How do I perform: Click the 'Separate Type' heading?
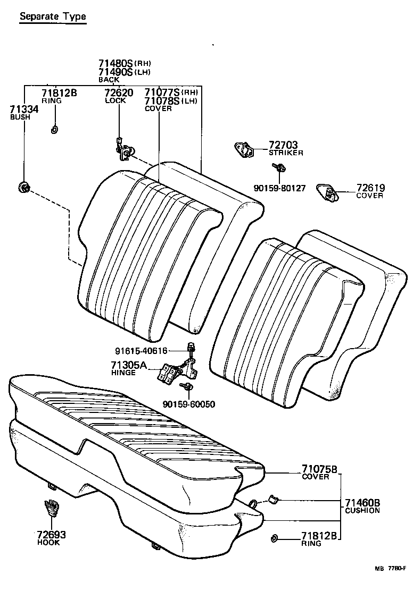tap(52, 16)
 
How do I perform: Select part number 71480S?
tap(115, 63)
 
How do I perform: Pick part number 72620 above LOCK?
tap(118, 93)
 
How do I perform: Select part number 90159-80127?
tap(279, 188)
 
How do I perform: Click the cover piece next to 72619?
tap(326, 192)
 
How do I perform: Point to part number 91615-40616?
tap(141, 350)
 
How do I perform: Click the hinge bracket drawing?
tap(175, 372)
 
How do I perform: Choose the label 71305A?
tap(128, 365)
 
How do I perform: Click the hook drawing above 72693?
tap(51, 509)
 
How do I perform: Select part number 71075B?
tap(319, 469)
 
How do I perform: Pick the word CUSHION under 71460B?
tap(362, 511)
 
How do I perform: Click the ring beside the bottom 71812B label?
tap(274, 538)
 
